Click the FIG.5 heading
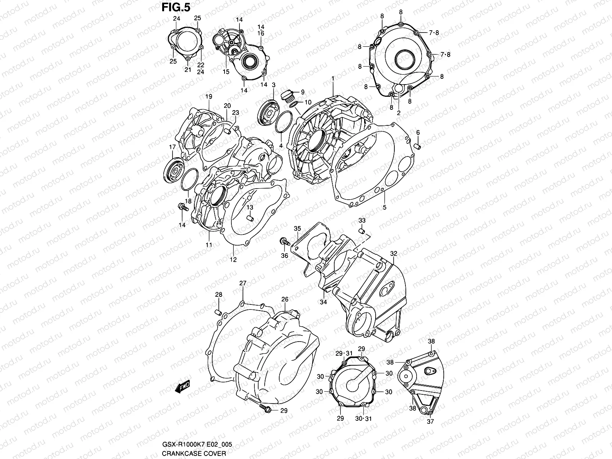(x=176, y=7)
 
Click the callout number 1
(x=333, y=78)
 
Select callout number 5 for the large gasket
(x=384, y=207)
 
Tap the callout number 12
(x=233, y=259)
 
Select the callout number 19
(x=208, y=97)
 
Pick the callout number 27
(x=243, y=283)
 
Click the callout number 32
(x=394, y=254)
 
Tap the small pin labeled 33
(x=362, y=231)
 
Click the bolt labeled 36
(x=284, y=241)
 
